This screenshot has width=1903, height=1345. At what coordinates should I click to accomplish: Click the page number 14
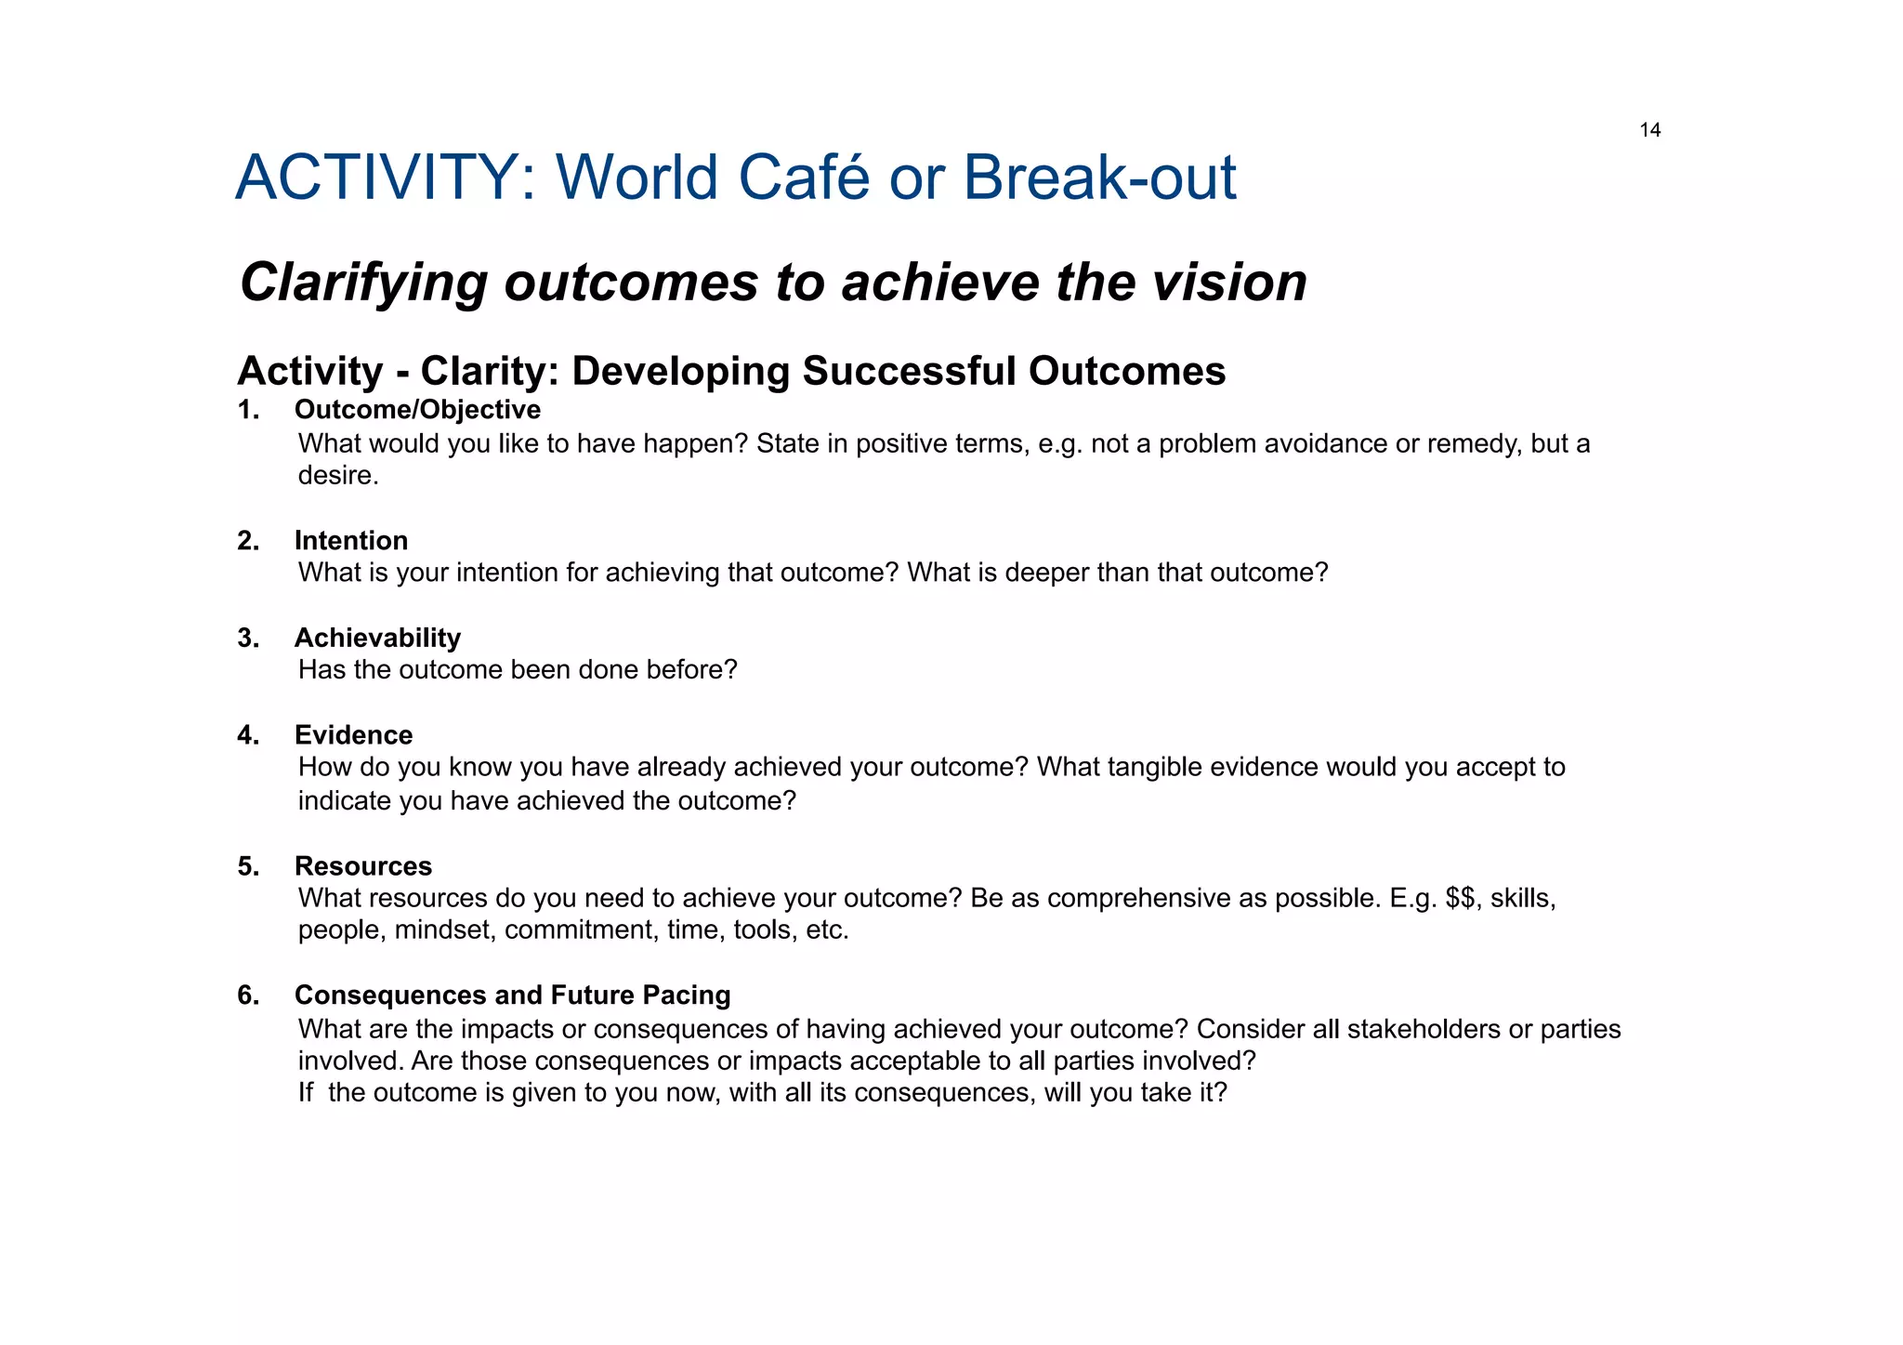coord(1649,130)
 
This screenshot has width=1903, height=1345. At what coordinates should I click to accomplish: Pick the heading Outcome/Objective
coord(417,410)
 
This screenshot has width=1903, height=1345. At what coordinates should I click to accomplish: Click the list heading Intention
coord(351,540)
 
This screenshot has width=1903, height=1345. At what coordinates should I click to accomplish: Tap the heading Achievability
coord(377,638)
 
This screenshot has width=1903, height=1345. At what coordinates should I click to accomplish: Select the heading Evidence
coord(353,735)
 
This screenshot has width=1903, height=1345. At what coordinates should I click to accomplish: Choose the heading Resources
coord(363,866)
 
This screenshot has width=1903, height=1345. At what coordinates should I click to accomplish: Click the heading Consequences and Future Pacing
coord(512,996)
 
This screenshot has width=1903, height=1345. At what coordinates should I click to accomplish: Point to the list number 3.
coord(247,638)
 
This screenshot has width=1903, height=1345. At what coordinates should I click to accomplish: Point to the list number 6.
coord(247,996)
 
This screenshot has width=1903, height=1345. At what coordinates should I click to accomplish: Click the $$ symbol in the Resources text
coord(1463,899)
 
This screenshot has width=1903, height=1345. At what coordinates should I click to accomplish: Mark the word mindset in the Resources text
coord(445,930)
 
